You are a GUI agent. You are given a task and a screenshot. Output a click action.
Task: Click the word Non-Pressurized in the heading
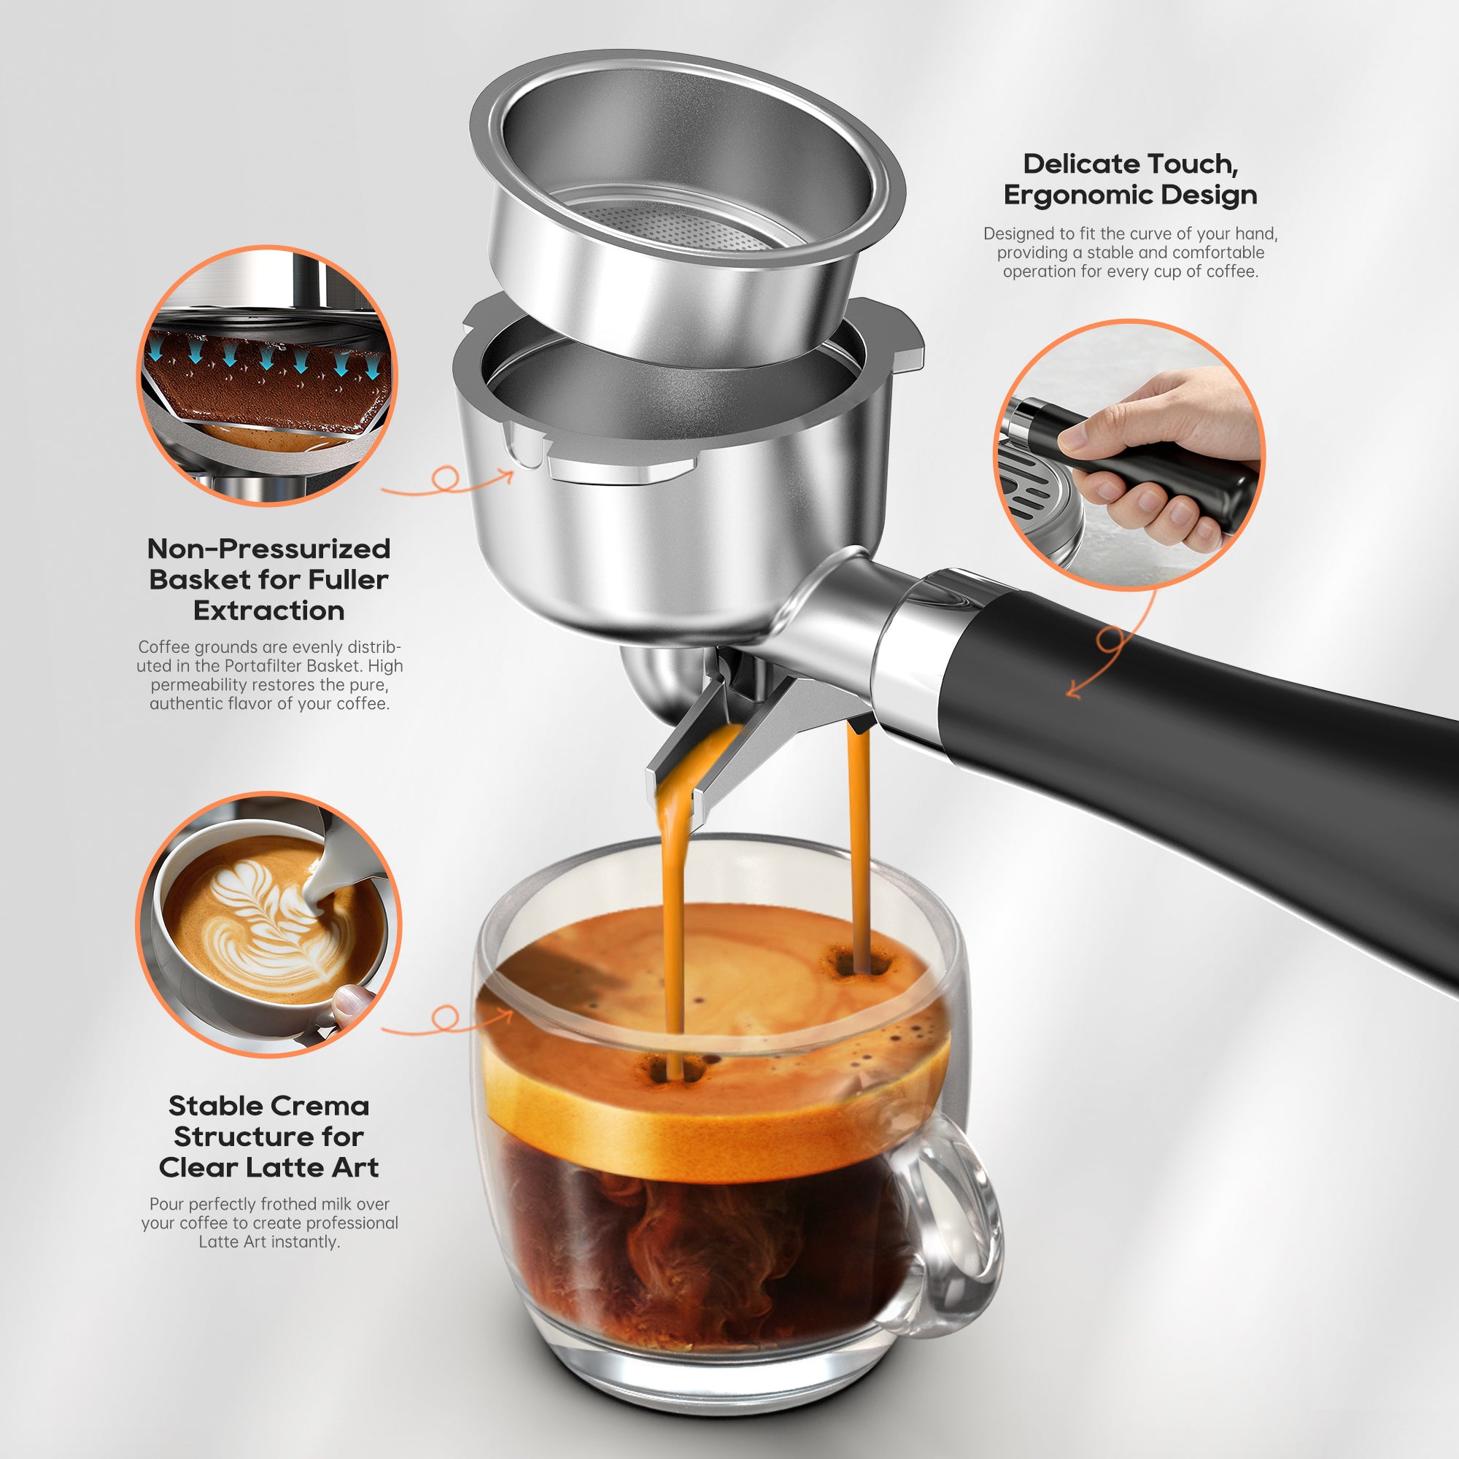[269, 549]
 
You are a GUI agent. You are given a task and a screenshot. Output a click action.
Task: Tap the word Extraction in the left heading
[269, 610]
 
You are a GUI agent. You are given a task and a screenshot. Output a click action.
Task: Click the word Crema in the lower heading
[321, 1106]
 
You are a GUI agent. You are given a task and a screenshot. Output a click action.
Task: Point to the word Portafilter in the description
[270, 666]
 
